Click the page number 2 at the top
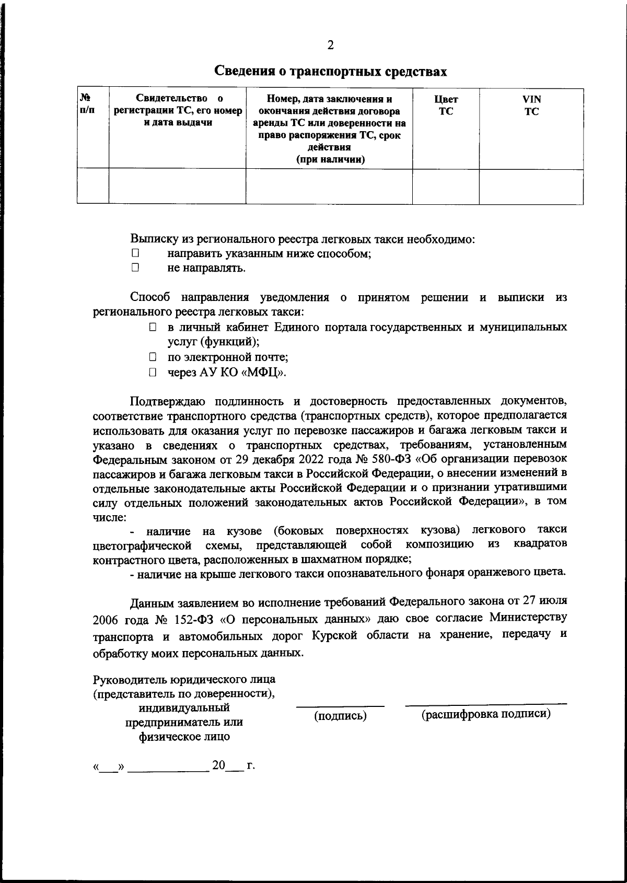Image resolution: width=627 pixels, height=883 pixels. pyautogui.click(x=330, y=45)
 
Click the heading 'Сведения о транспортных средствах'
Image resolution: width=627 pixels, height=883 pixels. pyautogui.click(x=332, y=71)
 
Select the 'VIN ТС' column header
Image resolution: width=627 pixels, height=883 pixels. pyautogui.click(x=531, y=105)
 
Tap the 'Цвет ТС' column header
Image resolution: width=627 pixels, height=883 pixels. pyautogui.click(x=446, y=105)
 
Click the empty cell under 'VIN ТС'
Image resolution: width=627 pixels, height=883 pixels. pyautogui.click(x=531, y=186)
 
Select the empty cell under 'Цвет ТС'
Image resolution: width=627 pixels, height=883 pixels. pyautogui.click(x=446, y=186)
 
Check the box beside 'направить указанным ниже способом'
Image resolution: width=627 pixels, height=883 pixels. pyautogui.click(x=135, y=253)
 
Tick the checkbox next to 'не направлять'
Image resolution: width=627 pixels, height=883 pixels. pyautogui.click(x=135, y=268)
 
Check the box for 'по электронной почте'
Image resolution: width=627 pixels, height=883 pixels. pyautogui.click(x=152, y=357)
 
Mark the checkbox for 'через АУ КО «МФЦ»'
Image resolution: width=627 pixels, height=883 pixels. pyautogui.click(x=152, y=373)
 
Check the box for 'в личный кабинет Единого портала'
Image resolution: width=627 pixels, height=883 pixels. pyautogui.click(x=152, y=327)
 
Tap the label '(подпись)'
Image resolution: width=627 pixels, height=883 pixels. pyautogui.click(x=340, y=716)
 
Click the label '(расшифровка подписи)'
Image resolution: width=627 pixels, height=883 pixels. pyautogui.click(x=486, y=714)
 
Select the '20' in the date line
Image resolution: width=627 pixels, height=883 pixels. pyautogui.click(x=218, y=765)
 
